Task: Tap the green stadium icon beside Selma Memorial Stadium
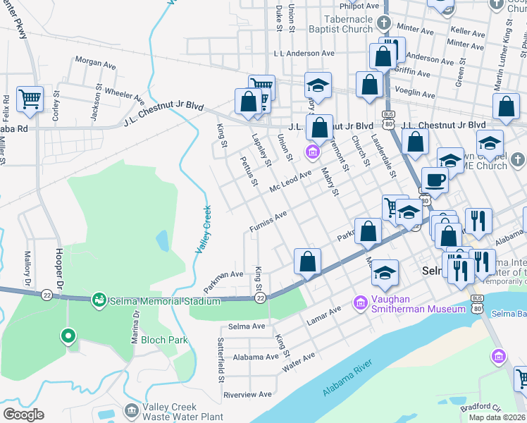click(99, 301)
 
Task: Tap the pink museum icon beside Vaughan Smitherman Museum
click(361, 302)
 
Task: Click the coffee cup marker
click(435, 180)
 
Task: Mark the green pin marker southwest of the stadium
click(68, 336)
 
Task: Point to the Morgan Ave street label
click(95, 64)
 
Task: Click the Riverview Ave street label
click(247, 395)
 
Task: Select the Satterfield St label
click(221, 359)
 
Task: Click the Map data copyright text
click(497, 417)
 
